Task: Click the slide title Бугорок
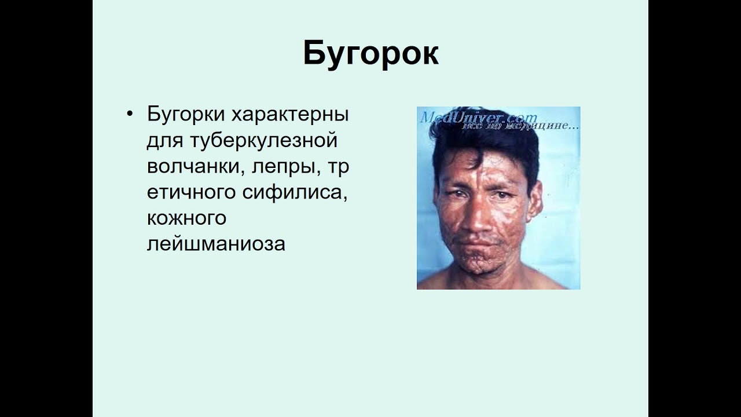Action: point(370,54)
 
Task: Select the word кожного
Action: point(186,218)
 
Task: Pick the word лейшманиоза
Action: point(216,244)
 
